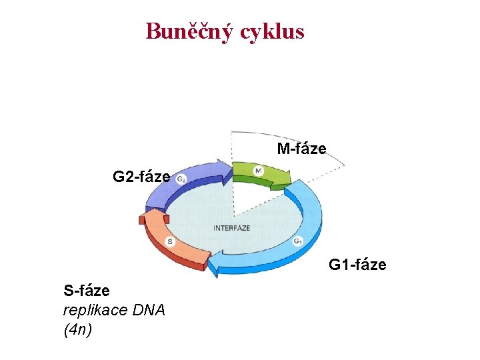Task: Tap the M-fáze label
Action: [302, 149]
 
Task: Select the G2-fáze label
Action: [141, 177]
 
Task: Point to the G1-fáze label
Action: [357, 265]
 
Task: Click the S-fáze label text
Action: [87, 291]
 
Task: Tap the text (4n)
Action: [77, 329]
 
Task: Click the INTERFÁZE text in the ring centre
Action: [232, 228]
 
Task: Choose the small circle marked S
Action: [171, 241]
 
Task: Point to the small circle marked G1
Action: [298, 241]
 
